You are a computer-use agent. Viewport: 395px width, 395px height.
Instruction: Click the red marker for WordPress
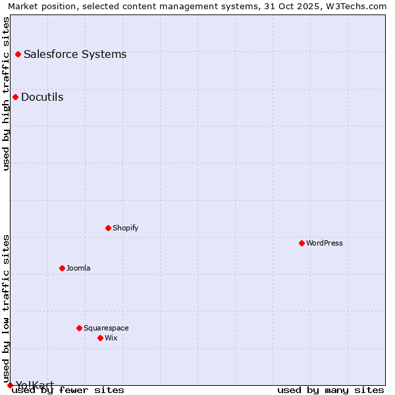tap(302, 243)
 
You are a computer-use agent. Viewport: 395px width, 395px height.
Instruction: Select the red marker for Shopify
tap(108, 228)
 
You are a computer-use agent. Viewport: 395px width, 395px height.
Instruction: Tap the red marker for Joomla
tap(62, 268)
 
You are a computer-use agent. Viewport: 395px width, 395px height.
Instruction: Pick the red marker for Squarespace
tap(79, 328)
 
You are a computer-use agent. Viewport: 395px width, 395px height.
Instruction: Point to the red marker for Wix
tap(100, 338)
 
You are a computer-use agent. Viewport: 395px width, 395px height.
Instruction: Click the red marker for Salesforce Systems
tap(18, 54)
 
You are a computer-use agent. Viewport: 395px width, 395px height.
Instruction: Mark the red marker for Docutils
tap(15, 97)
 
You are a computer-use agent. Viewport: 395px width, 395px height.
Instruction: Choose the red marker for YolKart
tap(10, 385)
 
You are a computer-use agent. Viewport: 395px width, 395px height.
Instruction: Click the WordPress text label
tap(325, 243)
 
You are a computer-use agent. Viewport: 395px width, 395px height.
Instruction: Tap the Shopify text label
tap(126, 228)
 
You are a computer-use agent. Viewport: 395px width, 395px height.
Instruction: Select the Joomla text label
tap(78, 268)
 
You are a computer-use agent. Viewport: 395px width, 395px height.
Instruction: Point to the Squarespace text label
tap(106, 328)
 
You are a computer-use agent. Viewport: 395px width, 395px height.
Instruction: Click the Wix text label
tap(111, 338)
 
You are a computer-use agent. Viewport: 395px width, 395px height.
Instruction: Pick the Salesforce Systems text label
tap(75, 54)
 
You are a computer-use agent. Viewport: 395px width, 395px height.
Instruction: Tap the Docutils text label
tap(42, 97)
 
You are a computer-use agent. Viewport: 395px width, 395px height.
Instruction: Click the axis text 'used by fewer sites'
tap(68, 390)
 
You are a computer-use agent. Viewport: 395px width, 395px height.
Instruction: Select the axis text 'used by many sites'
tap(330, 390)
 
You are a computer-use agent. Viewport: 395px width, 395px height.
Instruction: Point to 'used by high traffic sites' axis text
tap(7, 93)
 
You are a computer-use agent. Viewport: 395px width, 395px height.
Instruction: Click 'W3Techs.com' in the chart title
tap(358, 7)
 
